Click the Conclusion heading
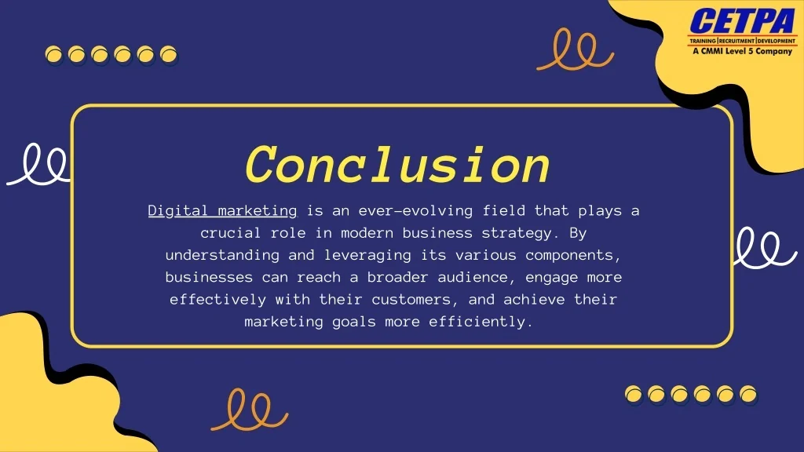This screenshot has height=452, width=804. [397, 166]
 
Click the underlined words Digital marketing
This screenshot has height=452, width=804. [223, 210]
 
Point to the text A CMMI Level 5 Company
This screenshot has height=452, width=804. [742, 51]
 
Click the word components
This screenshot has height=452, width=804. [573, 255]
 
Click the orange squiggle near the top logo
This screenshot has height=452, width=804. [575, 49]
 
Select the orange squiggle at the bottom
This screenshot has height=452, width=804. [249, 410]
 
